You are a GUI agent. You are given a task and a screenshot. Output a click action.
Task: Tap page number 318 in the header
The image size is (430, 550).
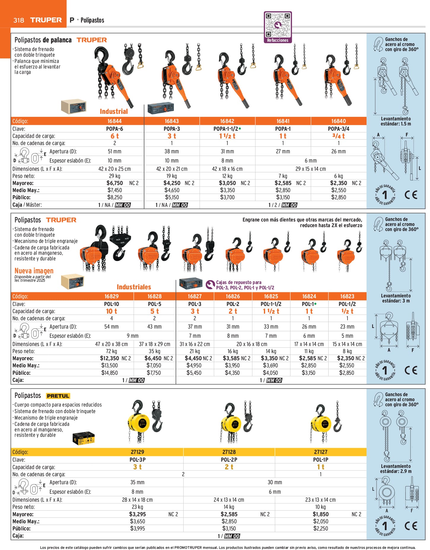19,20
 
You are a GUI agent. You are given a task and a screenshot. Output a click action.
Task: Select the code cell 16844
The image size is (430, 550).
114,121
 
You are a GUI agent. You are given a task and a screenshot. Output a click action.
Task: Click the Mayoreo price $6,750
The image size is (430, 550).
114,183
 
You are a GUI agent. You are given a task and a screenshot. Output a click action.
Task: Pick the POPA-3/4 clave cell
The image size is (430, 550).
338,129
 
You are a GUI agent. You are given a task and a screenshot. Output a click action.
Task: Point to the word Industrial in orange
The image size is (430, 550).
114,111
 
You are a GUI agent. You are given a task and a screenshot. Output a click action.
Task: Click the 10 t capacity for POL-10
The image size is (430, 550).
112,311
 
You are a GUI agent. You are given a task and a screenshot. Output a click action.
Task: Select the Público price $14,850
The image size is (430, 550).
109,373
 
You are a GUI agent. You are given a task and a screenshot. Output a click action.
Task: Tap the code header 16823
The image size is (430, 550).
347,296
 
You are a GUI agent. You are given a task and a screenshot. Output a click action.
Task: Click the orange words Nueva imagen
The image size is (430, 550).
34,271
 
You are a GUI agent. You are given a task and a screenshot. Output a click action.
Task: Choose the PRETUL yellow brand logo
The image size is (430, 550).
58,396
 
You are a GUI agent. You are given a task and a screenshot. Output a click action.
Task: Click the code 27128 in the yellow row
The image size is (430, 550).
229,452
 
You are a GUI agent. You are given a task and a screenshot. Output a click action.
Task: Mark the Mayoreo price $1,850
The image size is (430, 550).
321,514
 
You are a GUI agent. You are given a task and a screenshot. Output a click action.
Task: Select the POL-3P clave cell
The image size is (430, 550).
138,460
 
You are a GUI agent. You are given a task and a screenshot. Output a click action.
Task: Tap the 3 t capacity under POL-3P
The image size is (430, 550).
138,467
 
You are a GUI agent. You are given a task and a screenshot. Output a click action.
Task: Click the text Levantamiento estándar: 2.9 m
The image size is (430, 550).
396,468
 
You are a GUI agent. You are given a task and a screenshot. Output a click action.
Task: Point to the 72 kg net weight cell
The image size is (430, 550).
112,351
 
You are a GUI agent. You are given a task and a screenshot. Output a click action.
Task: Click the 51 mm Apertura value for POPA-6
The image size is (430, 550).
114,151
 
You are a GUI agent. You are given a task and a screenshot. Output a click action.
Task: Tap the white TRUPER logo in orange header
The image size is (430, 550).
46,20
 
